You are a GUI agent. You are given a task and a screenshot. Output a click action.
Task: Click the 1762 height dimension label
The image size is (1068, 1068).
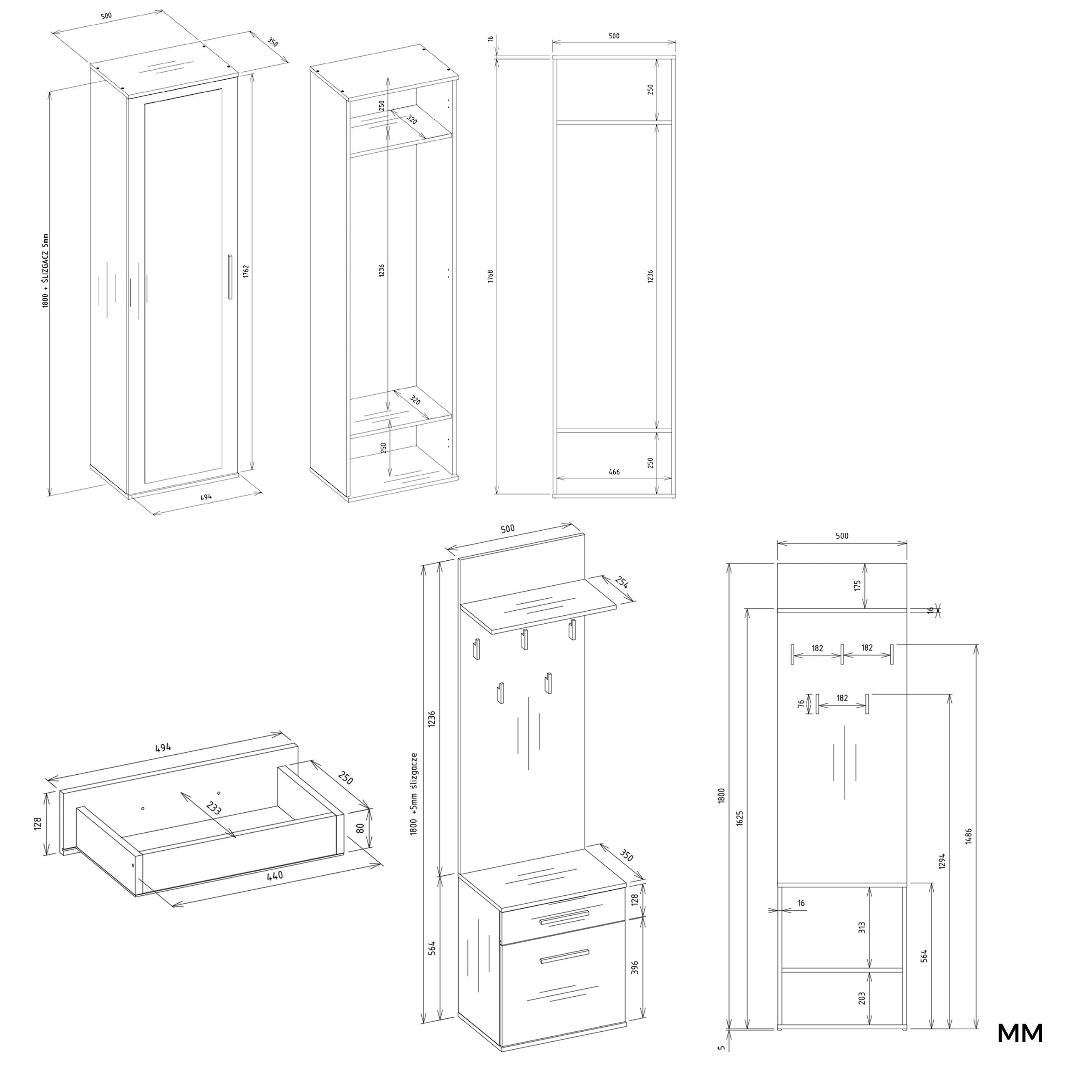tap(246, 272)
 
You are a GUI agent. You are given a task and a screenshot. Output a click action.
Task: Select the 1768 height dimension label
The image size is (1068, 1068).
tap(490, 277)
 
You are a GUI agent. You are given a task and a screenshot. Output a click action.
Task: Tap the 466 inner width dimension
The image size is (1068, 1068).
tap(614, 472)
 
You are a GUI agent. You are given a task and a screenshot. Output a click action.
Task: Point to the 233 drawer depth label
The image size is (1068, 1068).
tap(213, 808)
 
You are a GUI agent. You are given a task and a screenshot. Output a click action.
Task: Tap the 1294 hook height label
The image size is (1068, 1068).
tap(942, 861)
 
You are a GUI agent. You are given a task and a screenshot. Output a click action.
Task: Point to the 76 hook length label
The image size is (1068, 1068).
tap(801, 704)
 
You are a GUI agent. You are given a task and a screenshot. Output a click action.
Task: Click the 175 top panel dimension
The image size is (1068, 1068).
tap(858, 585)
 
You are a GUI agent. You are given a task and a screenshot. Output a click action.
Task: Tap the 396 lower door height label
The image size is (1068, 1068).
tap(635, 967)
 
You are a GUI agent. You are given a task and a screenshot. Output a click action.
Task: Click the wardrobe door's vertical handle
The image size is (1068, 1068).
tap(231, 277)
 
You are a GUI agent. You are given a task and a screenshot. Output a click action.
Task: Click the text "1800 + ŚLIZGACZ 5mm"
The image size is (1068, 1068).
tap(46, 270)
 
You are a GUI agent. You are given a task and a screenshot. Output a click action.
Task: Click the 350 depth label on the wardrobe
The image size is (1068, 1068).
tap(272, 42)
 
